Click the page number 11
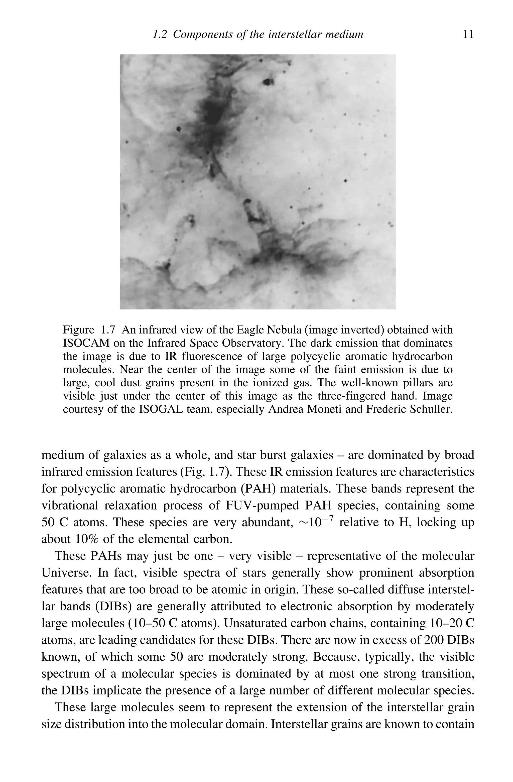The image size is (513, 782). pyautogui.click(x=468, y=34)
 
